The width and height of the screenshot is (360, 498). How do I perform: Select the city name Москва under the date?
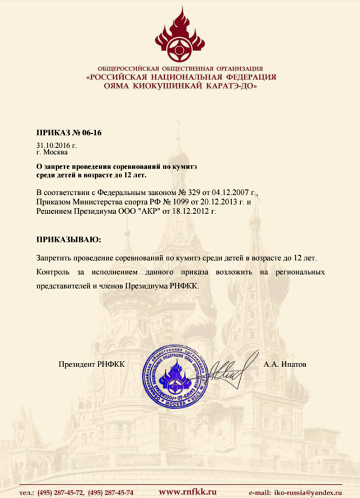(x=56, y=152)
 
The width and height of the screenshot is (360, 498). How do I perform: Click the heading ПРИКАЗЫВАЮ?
(x=69, y=240)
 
